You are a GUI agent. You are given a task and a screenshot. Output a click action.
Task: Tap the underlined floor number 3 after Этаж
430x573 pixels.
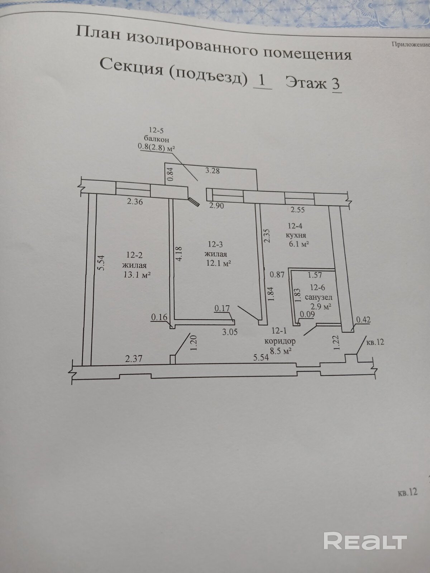coord(336,84)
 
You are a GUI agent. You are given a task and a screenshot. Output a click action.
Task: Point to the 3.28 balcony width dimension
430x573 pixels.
coord(212,171)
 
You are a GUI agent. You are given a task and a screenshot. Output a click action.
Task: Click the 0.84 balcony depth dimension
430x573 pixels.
coord(170,175)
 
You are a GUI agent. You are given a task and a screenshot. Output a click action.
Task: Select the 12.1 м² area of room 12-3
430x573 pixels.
coord(219,263)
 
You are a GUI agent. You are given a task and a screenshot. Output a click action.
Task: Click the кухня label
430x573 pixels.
coord(296,235)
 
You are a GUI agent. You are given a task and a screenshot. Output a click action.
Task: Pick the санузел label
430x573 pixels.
coord(319,297)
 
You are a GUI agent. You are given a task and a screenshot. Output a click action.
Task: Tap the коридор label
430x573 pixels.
coord(280,341)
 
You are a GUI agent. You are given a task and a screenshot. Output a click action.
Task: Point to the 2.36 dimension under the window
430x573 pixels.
coord(135,202)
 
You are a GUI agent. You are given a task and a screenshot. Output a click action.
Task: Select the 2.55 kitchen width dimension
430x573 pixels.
coord(297,210)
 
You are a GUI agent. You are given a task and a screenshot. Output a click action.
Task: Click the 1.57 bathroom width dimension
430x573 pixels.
coord(315,275)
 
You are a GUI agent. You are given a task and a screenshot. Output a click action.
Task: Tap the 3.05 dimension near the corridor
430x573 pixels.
coord(230,332)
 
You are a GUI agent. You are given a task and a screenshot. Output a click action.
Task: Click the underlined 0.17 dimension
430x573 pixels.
coord(222,309)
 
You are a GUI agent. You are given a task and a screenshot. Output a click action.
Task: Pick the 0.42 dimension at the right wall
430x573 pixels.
coord(363,320)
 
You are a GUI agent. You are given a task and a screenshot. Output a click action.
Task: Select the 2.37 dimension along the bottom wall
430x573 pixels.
coord(134,359)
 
